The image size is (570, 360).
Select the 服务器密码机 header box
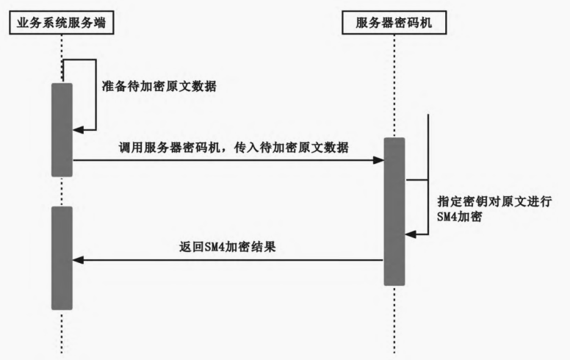[x=394, y=23]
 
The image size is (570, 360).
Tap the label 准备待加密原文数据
[x=159, y=86]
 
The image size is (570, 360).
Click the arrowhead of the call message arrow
[x=380, y=159]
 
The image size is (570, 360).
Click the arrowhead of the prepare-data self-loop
[x=79, y=129]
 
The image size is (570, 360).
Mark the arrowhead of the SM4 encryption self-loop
[x=411, y=234]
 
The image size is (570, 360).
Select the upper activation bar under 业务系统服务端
[x=62, y=129]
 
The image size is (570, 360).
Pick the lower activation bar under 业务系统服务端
[x=62, y=257]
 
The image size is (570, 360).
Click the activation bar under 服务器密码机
[x=394, y=212]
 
